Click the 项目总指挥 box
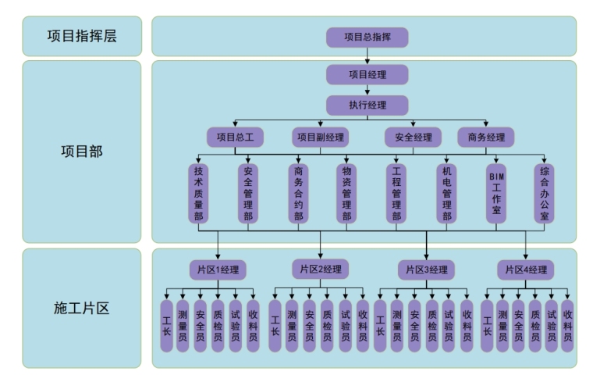point(367,37)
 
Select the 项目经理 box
point(367,74)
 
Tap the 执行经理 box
point(367,105)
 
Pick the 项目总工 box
point(235,137)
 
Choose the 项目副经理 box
point(320,137)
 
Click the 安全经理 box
point(413,137)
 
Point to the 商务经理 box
point(486,137)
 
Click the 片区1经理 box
point(218,270)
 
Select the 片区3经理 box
point(427,270)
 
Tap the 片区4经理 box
point(526,270)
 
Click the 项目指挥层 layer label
point(82,36)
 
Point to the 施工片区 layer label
point(82,308)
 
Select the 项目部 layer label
point(82,151)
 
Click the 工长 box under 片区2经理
point(275,326)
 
